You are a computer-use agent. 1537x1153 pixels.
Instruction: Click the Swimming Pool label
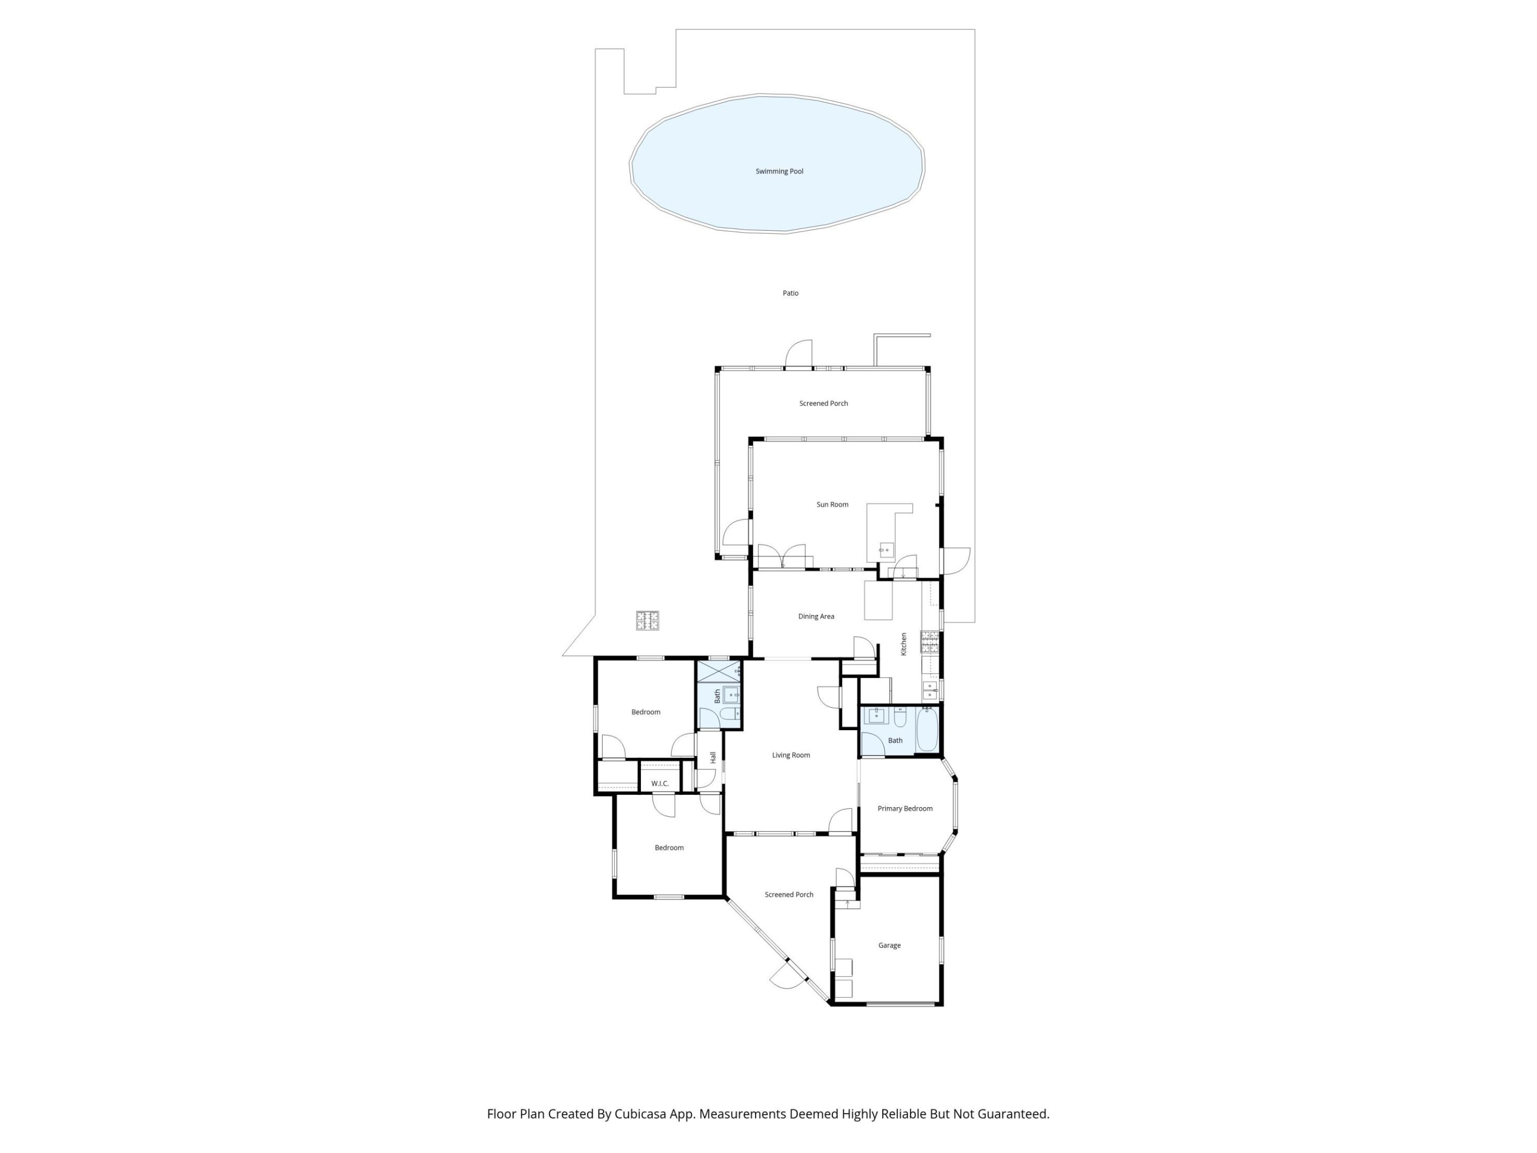pos(779,171)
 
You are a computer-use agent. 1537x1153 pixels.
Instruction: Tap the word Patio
pos(790,293)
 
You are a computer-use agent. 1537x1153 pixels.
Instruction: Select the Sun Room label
pos(831,504)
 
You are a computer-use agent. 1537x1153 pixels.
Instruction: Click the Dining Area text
pos(816,617)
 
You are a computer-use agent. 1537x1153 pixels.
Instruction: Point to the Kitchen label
pos(904,644)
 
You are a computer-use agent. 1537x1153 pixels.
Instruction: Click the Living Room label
pos(791,755)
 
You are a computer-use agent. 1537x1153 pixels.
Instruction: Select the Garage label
pos(890,945)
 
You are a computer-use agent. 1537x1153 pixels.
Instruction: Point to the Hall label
pos(713,757)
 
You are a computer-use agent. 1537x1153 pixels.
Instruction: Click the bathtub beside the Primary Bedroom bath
pos(927,730)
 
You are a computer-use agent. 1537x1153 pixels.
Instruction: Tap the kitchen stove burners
pos(929,642)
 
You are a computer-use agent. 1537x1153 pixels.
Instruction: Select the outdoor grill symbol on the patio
pos(647,621)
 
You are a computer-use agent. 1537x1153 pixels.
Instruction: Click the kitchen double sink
pos(930,690)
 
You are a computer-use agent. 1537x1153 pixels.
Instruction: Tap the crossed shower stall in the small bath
pos(718,672)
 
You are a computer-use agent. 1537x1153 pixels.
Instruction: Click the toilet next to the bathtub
pos(900,716)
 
